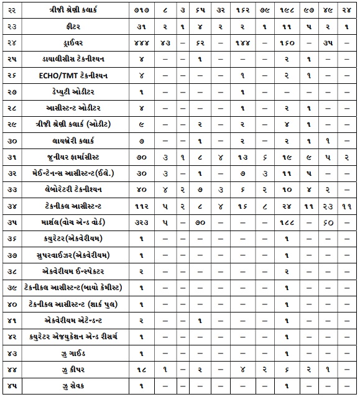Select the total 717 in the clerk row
tap(142, 11)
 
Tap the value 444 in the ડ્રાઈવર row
tap(142, 43)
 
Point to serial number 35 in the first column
tap(11, 222)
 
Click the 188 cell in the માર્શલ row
tap(285, 222)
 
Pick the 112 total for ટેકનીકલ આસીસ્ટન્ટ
tap(142, 206)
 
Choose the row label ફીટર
tap(76, 27)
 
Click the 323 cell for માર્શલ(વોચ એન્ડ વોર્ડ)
tap(142, 222)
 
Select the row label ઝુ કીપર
tap(76, 370)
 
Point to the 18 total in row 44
tap(142, 370)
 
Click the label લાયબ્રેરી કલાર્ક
tap(76, 141)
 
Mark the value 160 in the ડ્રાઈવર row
tap(285, 43)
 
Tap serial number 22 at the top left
tap(11, 11)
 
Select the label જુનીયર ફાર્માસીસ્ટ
tap(76, 157)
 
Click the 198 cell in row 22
tap(285, 11)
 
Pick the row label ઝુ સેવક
tap(76, 386)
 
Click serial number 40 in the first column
tap(11, 304)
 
